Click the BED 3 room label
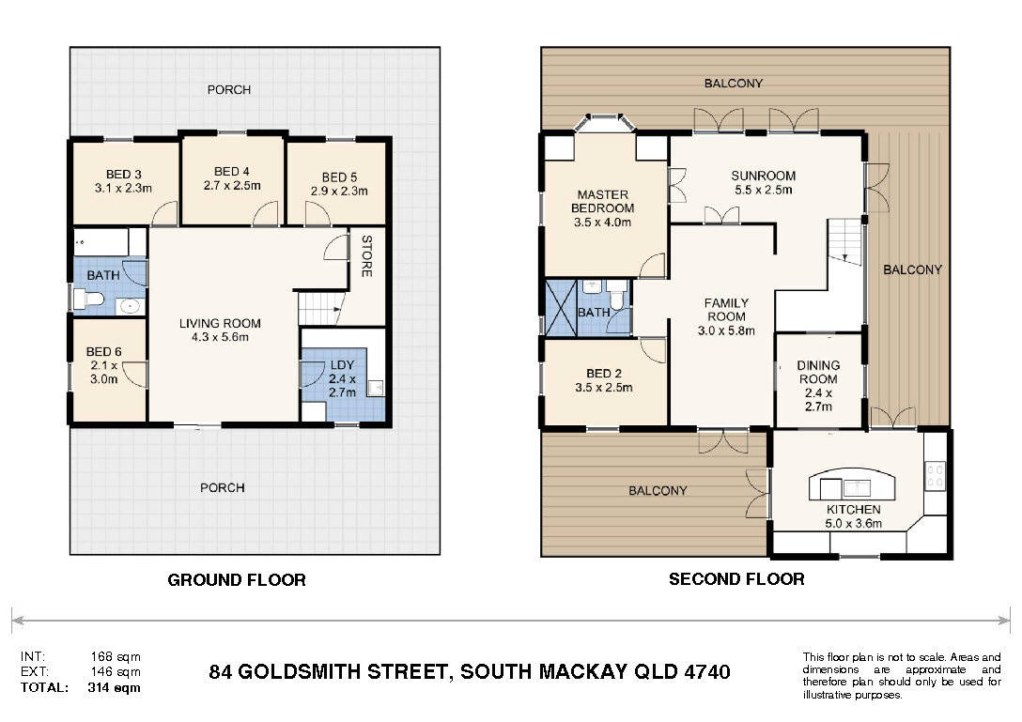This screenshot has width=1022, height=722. pos(123,174)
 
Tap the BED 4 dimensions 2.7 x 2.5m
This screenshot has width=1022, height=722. pos(232,186)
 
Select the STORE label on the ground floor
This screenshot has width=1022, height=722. pos(366,256)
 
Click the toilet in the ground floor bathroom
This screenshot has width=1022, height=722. pos(88,300)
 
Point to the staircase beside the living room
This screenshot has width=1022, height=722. pos(320,309)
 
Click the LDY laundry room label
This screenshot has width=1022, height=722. pos(342,365)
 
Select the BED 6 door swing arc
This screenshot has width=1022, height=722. pos(137,375)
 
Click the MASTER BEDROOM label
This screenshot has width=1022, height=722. pos(602,201)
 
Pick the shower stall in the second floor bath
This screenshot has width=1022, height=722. pos(561,308)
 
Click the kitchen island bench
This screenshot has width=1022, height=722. pos(852,484)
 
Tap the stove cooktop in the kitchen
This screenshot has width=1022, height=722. pos(936,474)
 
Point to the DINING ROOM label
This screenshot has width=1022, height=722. pos(818,372)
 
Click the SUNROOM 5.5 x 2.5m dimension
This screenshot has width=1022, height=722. pos(764,190)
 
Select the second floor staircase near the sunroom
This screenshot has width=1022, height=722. pos(845,241)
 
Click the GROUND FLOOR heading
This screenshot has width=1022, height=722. pos(237,580)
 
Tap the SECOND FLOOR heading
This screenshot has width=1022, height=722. pos(736,578)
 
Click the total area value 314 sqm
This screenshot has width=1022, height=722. pos(114,687)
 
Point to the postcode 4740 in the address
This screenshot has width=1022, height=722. pos(708,671)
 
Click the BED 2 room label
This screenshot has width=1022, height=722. pos(604,374)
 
